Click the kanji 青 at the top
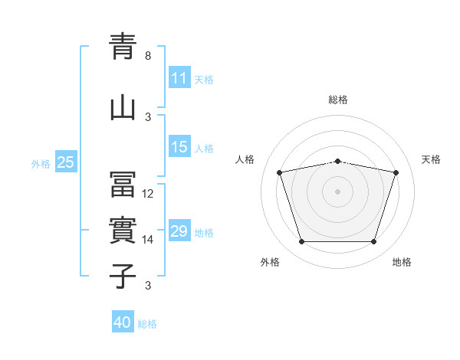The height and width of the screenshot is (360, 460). point(123,46)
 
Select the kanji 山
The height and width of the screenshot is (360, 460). point(123,109)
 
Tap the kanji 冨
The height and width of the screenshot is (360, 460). point(123,184)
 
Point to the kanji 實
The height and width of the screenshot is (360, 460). point(123,230)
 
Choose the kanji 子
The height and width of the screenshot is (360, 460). point(123,277)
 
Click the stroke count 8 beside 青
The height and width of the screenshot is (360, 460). point(148,56)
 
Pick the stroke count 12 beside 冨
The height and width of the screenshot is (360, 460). point(147,194)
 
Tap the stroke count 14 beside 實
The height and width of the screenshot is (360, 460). point(147,240)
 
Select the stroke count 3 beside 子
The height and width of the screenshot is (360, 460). point(148,285)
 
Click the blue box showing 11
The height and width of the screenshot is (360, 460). point(179,77)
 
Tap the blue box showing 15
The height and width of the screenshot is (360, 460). point(179,146)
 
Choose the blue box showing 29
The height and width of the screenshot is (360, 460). point(179,230)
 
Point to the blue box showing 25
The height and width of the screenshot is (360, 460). point(66,162)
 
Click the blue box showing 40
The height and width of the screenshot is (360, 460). point(123,321)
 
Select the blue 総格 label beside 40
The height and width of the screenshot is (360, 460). point(147,324)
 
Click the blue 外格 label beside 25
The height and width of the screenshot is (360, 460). point(41,164)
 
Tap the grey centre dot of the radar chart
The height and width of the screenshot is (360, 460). point(337,191)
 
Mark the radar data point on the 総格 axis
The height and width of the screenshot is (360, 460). point(337,162)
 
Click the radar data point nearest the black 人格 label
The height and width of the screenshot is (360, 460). point(279,172)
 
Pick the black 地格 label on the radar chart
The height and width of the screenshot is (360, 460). point(402,262)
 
